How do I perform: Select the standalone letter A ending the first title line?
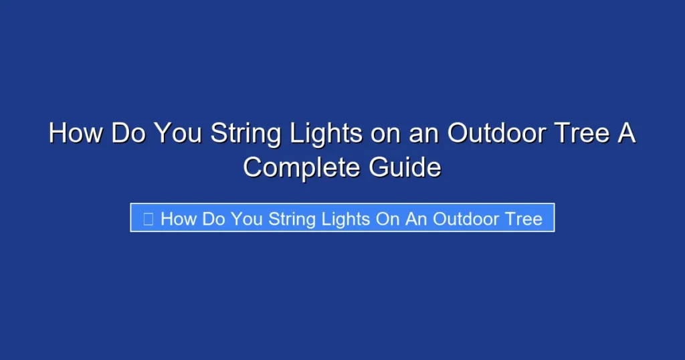(625, 133)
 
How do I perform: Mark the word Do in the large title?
(130, 133)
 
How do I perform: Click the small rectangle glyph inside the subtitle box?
(149, 219)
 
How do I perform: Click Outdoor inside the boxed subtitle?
(465, 219)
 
